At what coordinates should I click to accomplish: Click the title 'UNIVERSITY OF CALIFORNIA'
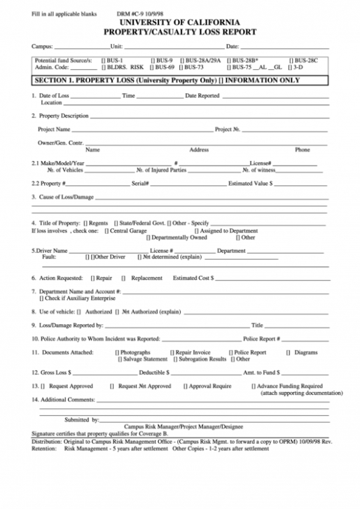pyautogui.click(x=180, y=22)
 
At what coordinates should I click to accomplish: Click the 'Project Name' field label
pyautogui.click(x=54, y=130)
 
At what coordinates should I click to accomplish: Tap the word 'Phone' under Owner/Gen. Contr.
pyautogui.click(x=302, y=150)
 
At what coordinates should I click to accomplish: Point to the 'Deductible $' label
pyautogui.click(x=153, y=372)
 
